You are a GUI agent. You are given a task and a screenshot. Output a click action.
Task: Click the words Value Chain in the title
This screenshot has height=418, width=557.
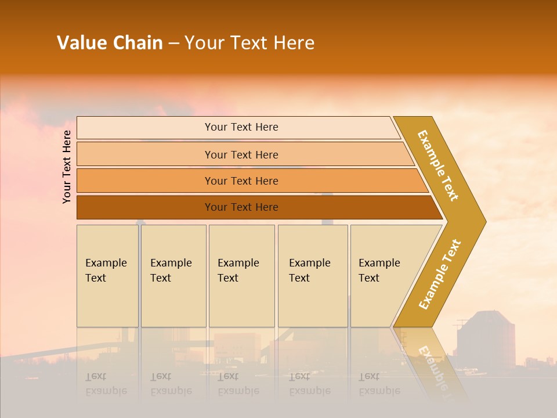click(x=110, y=43)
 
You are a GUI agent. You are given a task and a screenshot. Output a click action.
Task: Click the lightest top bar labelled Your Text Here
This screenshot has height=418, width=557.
click(x=241, y=127)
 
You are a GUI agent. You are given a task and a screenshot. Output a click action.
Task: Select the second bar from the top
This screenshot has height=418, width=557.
click(x=241, y=154)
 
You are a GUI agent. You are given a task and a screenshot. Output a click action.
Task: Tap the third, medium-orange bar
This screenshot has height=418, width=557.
click(x=241, y=181)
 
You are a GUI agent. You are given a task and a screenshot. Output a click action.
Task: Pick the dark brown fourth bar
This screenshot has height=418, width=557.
click(x=241, y=207)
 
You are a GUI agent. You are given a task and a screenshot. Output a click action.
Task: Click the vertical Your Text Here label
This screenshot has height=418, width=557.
click(x=67, y=167)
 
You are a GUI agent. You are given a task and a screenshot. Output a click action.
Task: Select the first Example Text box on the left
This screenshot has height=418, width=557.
click(x=107, y=275)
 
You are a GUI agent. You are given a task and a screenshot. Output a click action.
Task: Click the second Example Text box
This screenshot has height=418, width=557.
click(x=173, y=275)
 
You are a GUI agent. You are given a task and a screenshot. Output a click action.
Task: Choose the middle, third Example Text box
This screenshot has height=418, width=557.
click(x=241, y=275)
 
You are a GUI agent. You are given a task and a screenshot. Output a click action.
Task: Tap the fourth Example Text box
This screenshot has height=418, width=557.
click(x=312, y=275)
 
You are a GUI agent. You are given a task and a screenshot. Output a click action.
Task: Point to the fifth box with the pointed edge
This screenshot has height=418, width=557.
click(x=383, y=275)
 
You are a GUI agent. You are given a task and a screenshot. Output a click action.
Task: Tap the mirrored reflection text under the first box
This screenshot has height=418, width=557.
click(x=106, y=384)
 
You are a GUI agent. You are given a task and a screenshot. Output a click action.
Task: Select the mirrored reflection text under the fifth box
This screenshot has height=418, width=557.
click(x=379, y=384)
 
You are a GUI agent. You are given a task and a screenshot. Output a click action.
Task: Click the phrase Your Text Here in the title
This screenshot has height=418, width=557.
click(x=249, y=43)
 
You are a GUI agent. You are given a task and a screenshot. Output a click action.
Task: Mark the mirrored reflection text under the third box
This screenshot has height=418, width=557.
click(x=238, y=384)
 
